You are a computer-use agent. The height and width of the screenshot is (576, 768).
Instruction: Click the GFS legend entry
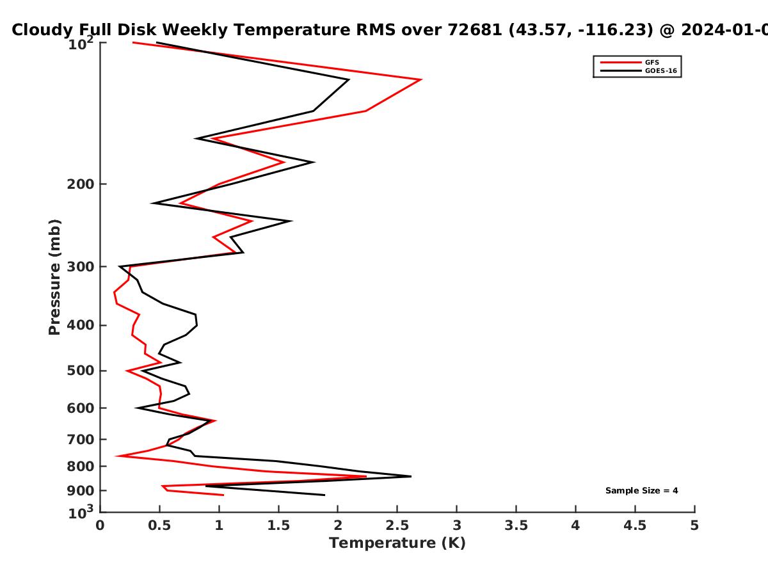(630, 62)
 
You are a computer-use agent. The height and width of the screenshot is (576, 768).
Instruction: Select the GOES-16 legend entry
(639, 70)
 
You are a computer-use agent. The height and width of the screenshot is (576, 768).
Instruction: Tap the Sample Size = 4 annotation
(642, 491)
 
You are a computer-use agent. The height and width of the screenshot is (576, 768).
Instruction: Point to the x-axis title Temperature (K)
(397, 543)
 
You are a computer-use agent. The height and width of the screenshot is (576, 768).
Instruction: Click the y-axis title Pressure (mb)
(54, 277)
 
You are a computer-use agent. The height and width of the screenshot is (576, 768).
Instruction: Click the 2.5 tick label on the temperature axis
(397, 525)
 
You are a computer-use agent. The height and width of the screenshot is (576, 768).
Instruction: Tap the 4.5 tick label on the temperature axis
(635, 525)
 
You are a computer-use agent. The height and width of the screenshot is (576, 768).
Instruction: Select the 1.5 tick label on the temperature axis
(278, 525)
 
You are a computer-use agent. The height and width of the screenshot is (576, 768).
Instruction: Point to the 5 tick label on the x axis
(694, 525)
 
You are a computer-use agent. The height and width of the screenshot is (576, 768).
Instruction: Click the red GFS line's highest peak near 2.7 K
(421, 80)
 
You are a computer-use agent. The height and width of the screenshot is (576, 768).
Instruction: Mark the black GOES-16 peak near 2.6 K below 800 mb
(411, 476)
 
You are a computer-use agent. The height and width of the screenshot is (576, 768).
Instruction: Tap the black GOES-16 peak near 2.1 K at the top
(349, 80)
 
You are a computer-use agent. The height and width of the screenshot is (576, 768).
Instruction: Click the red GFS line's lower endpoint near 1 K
(223, 495)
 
